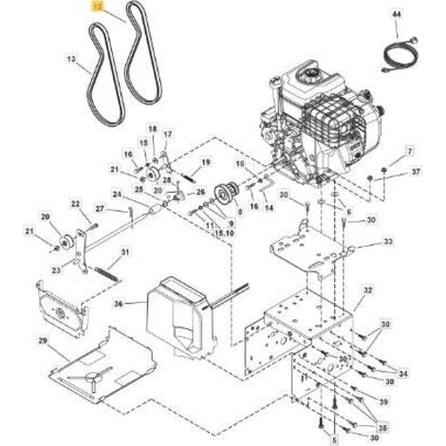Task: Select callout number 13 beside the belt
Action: point(72,59)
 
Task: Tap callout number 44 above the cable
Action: point(397,14)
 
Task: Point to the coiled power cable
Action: point(400,54)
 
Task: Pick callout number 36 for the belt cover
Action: point(119,304)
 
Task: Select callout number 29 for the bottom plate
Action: point(44,341)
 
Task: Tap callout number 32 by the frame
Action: point(368,289)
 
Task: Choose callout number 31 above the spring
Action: point(125,252)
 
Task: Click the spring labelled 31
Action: point(107,273)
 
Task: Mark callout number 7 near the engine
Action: point(410,152)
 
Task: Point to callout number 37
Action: point(417,172)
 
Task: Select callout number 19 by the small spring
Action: point(206,162)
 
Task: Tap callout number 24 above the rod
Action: point(117,195)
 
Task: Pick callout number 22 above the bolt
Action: point(75,204)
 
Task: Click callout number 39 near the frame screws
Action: point(383,402)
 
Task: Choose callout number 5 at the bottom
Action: point(335,439)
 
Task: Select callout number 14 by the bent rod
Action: point(269,208)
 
